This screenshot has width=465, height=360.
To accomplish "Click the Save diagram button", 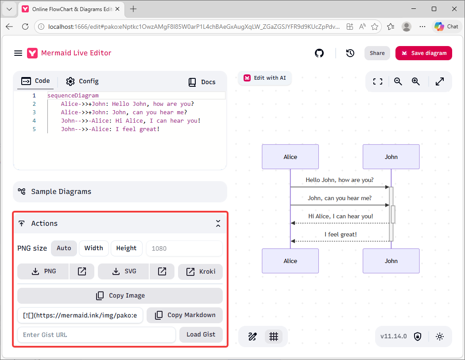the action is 423,53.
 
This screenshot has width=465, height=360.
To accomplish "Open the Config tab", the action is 82,81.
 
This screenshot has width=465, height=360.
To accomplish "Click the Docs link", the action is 202,82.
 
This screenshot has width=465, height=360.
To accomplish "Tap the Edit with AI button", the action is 264,78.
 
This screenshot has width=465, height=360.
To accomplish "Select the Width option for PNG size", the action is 94,248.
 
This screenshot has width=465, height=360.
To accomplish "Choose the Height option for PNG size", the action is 126,248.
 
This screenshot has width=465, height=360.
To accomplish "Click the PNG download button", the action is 43,271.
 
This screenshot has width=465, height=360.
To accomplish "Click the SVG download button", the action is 124,271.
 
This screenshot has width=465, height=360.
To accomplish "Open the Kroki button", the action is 200,271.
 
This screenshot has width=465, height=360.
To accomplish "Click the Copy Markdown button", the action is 185,315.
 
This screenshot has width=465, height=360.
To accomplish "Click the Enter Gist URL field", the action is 97,335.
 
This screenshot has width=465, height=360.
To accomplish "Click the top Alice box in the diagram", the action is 291,157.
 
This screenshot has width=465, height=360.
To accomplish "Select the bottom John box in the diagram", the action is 391,261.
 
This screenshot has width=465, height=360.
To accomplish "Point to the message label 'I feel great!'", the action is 341,234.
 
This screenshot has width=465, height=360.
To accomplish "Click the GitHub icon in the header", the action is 319,53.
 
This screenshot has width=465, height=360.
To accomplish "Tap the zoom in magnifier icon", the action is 416,81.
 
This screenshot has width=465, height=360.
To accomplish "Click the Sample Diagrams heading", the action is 61,192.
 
